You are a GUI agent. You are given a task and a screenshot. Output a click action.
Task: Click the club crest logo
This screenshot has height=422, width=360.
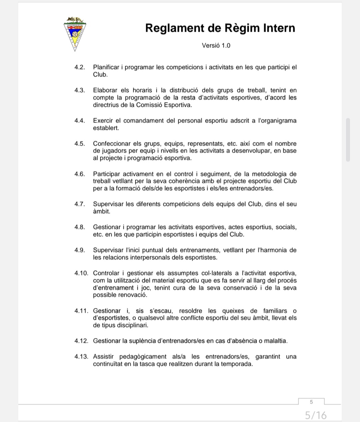click(75, 34)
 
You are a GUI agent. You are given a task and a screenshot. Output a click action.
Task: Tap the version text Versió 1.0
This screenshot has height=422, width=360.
click(216, 45)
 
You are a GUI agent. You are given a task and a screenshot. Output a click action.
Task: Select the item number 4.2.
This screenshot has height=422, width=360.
click(80, 67)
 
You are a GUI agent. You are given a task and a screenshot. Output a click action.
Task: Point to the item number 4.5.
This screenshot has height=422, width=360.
click(80, 144)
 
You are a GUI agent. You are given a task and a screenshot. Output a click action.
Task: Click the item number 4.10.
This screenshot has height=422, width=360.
click(81, 273)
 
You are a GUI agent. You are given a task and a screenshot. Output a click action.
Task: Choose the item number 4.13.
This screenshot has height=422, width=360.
click(81, 357)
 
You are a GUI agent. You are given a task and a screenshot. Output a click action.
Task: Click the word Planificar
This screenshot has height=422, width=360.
click(106, 67)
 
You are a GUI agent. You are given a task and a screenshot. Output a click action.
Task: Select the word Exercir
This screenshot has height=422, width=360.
click(103, 121)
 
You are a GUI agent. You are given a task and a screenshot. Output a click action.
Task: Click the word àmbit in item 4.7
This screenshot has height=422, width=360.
click(101, 212)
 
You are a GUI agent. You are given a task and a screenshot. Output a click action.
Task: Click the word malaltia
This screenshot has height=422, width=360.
click(275, 341)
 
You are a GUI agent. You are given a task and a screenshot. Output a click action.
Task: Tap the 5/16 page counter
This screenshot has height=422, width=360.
click(316, 415)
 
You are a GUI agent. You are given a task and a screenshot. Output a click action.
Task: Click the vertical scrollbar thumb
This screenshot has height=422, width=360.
click(348, 139)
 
